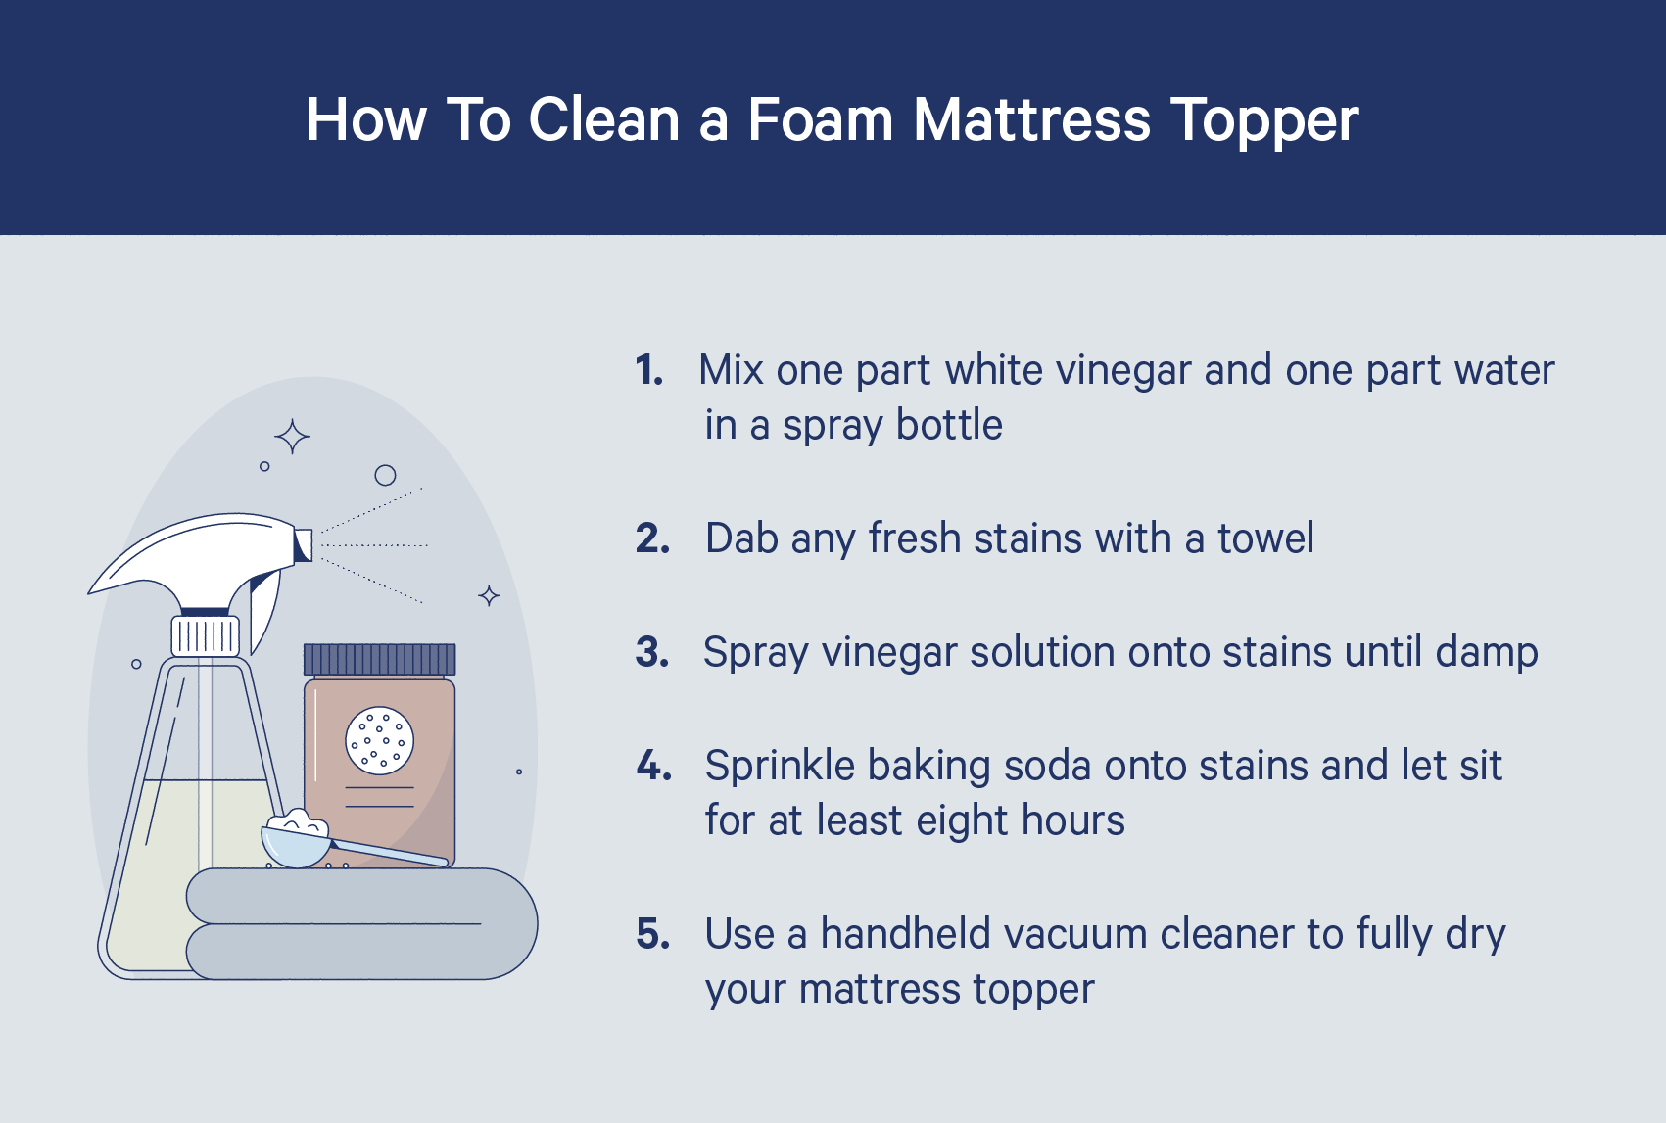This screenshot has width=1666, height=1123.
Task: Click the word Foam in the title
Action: pos(821,119)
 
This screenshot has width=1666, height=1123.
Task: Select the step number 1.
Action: pos(648,370)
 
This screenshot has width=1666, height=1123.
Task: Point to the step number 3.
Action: pos(652,652)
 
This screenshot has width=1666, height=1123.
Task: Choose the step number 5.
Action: pos(653,934)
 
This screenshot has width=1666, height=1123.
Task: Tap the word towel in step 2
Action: pos(1265,538)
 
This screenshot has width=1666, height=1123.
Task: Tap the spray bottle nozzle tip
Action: pos(304,544)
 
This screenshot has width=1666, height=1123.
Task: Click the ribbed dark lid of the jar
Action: pos(380,659)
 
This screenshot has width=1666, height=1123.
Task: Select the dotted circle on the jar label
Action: pos(380,740)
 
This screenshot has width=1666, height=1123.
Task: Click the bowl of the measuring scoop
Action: pos(294,844)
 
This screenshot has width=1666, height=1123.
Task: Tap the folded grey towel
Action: pos(362,923)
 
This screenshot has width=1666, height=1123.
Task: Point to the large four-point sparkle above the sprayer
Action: pos(292,436)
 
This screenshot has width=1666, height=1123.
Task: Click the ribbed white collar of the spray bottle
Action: pos(206,636)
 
